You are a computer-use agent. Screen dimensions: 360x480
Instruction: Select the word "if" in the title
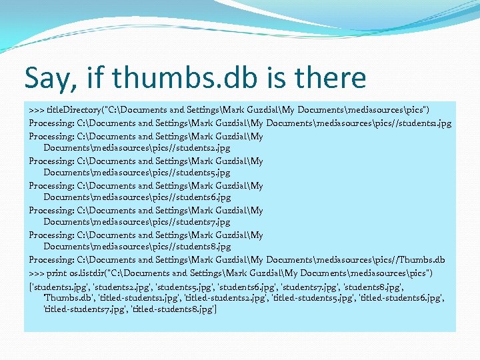[x=94, y=78]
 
